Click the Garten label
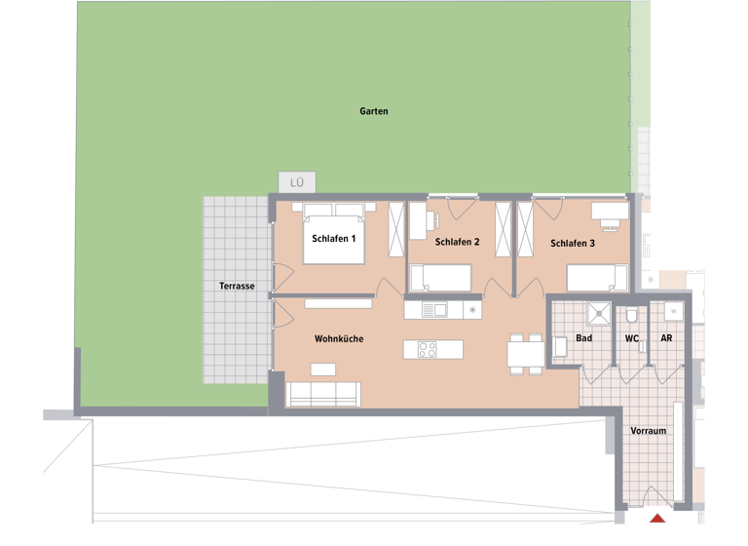pyautogui.click(x=373, y=111)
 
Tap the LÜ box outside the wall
pyautogui.click(x=297, y=182)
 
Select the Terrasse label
pyautogui.click(x=237, y=286)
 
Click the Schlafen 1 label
pyautogui.click(x=334, y=238)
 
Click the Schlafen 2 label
pyautogui.click(x=457, y=242)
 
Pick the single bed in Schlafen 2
pyautogui.click(x=440, y=279)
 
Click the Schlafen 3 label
pyautogui.click(x=572, y=243)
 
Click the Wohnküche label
pyautogui.click(x=339, y=338)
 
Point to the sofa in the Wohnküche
pyautogui.click(x=323, y=394)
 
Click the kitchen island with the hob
pyautogui.click(x=433, y=349)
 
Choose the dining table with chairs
pyautogui.click(x=526, y=352)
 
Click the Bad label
pyautogui.click(x=583, y=338)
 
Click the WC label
pyautogui.click(x=631, y=338)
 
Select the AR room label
pyautogui.click(x=666, y=338)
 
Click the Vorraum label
pyautogui.click(x=648, y=430)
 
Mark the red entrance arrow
pyautogui.click(x=657, y=518)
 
